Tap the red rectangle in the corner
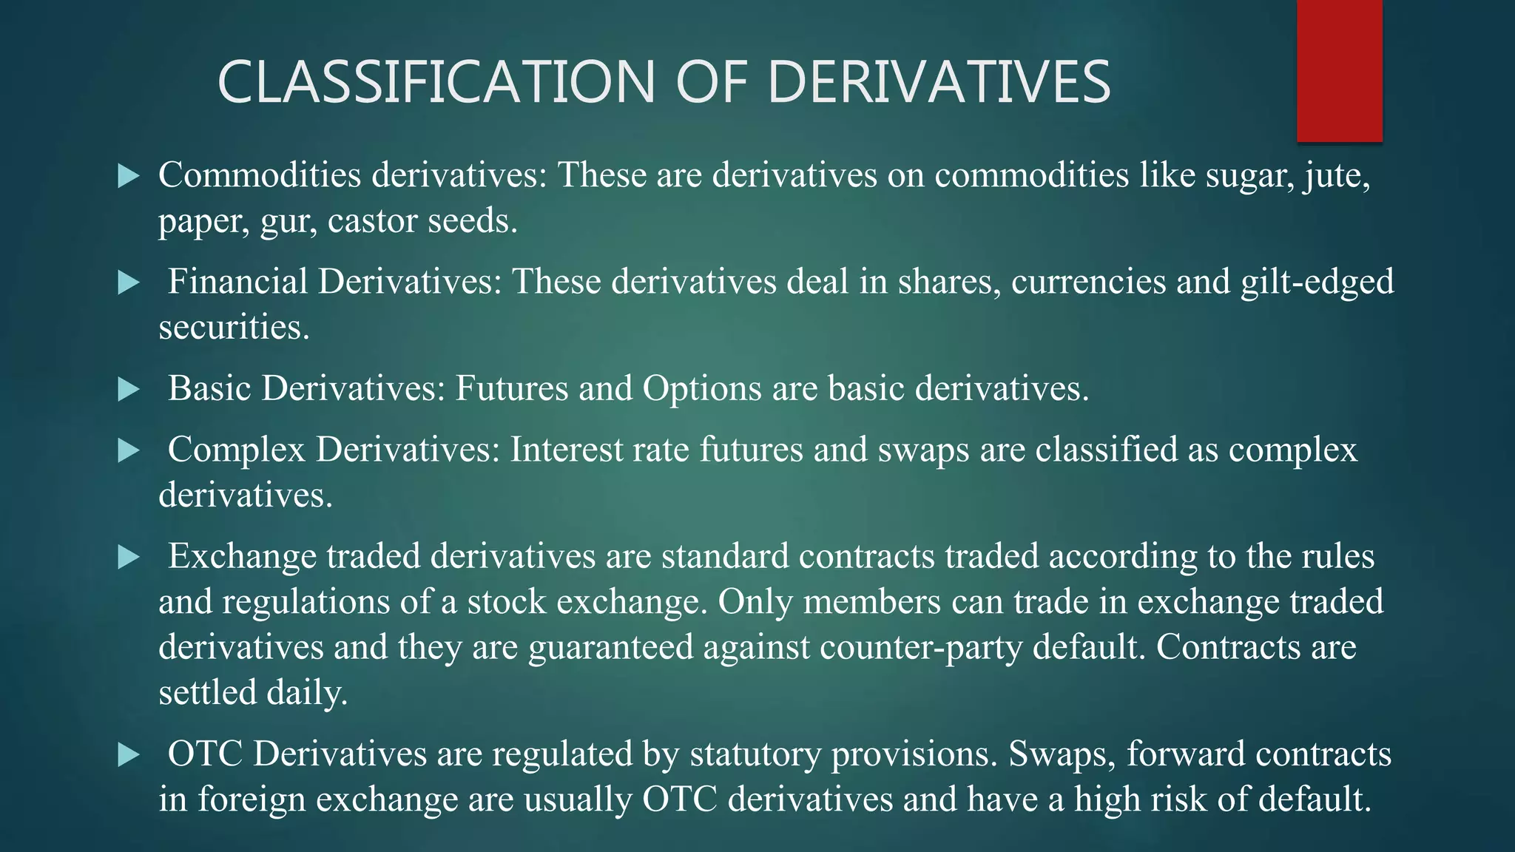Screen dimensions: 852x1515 (1339, 70)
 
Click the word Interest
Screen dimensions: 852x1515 (566, 450)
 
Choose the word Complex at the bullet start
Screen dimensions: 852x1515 (237, 450)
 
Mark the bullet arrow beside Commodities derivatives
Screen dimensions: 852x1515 (129, 176)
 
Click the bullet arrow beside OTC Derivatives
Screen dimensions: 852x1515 (129, 755)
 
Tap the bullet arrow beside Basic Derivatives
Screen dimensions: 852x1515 (129, 389)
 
